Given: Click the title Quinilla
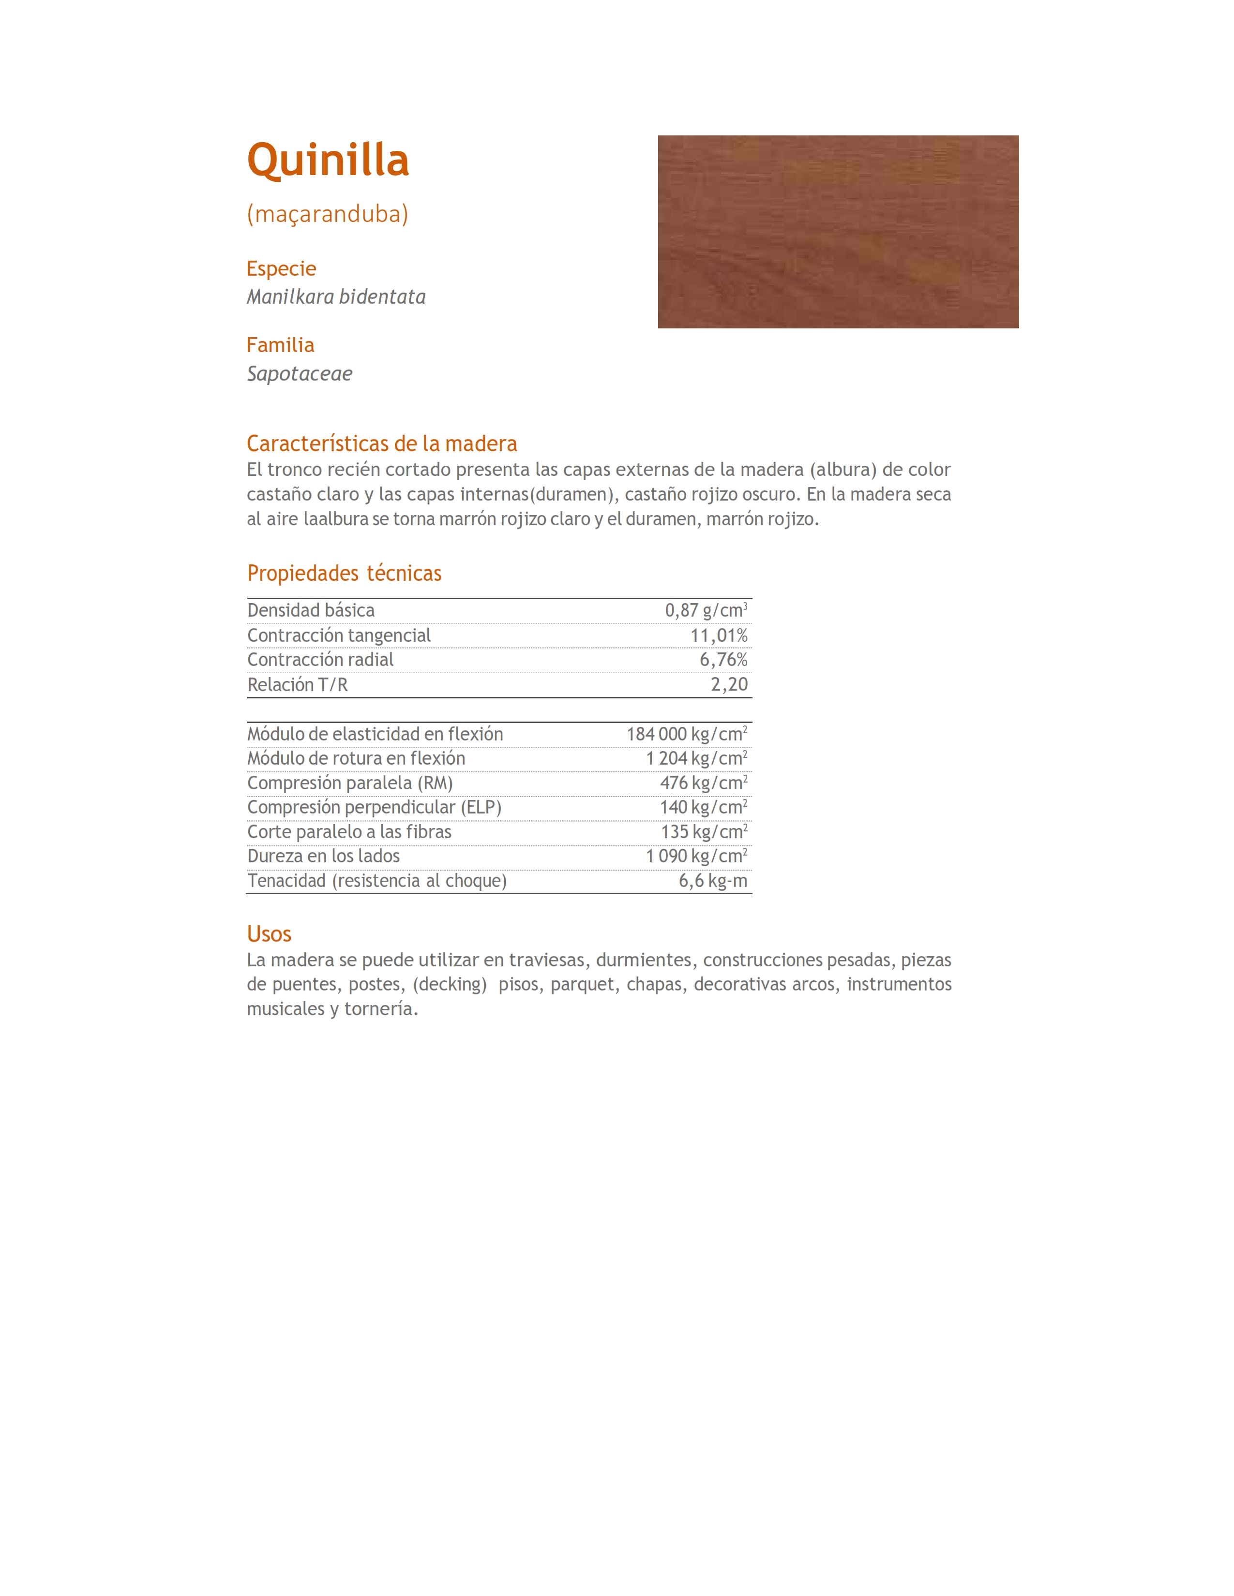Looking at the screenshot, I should coord(328,160).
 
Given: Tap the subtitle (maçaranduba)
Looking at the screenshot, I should coord(328,214).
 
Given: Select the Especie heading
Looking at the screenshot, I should coord(282,269).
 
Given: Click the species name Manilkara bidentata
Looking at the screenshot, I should coord(335,296).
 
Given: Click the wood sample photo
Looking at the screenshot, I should coord(838,232).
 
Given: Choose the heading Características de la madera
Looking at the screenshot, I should coord(382,443).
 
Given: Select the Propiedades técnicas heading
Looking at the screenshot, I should coord(345,574).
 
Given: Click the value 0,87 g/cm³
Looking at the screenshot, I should coord(706,610).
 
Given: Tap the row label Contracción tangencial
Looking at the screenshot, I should coord(339,636).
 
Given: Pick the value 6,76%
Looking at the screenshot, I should coord(723,660).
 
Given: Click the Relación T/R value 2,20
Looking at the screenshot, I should coord(729,685).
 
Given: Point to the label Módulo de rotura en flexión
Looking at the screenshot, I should coord(356,758).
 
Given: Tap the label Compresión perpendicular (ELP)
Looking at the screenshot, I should coord(374,808).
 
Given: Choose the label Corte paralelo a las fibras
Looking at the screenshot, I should coord(349,832).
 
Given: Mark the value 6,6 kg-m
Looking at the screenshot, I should coord(713,881).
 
